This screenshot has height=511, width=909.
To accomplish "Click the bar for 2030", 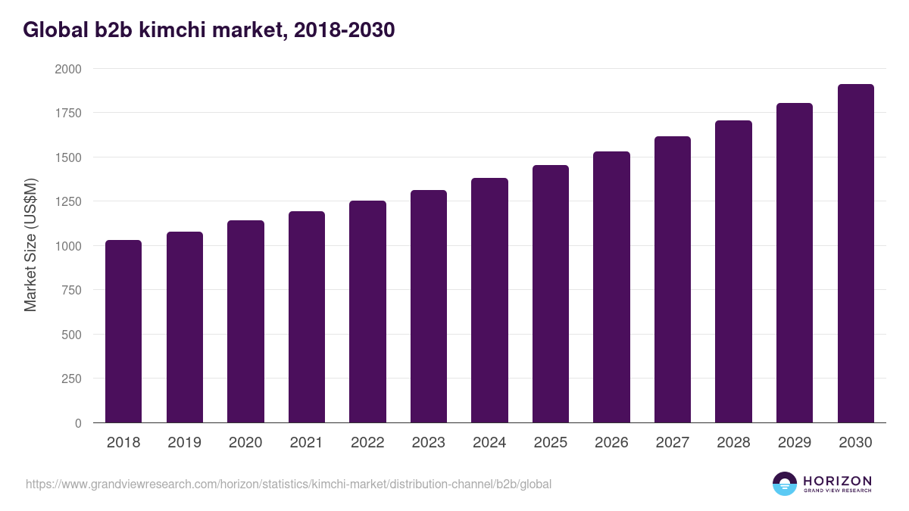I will point(856,254).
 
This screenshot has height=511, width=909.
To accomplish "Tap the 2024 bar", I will point(489,301).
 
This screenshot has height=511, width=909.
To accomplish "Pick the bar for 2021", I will point(307,317).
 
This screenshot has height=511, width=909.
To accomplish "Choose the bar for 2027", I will point(673,280).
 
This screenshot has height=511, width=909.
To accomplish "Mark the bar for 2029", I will point(795,263).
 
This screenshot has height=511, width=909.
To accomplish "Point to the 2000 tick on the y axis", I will point(67,69).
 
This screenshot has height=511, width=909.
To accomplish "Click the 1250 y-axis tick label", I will point(67,202).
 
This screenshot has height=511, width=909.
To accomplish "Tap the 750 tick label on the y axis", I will point(71,291).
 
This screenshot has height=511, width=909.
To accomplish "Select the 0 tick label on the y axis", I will point(78,424).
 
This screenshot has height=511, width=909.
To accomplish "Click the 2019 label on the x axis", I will point(184,443).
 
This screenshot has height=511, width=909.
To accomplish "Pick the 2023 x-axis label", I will point(428,443).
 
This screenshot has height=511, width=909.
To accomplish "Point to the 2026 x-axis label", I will point(611,443).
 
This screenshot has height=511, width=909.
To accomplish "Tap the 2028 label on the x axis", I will point(733,443).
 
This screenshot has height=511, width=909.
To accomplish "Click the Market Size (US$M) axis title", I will point(30,245).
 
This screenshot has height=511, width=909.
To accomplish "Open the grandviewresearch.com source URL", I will point(289,484).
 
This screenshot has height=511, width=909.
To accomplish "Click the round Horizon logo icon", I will point(785,484).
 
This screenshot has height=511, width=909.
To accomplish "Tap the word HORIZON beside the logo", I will point(837,481).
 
